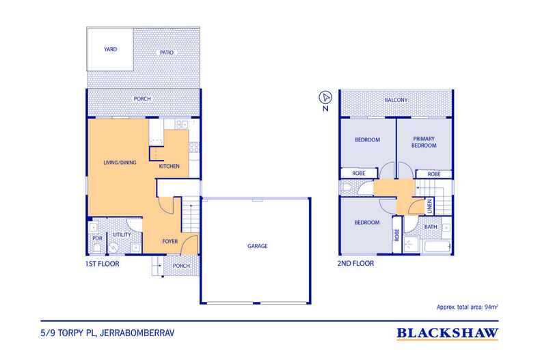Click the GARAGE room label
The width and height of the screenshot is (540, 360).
point(257,246)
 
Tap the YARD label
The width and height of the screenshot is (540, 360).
point(110,49)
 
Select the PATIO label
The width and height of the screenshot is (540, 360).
point(165,52)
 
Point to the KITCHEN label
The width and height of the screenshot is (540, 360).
point(170,166)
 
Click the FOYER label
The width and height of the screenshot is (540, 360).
point(170,241)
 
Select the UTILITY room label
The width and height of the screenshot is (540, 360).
point(122,234)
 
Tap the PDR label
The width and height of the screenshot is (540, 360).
point(96,238)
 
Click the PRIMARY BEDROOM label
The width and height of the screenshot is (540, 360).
point(424,141)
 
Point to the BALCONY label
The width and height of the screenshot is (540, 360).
point(396,100)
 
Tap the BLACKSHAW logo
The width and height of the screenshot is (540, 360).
point(447,333)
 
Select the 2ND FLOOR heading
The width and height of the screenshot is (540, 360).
point(356,263)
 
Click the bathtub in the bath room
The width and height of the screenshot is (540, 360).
point(435,247)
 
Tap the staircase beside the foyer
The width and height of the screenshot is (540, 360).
point(191,218)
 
